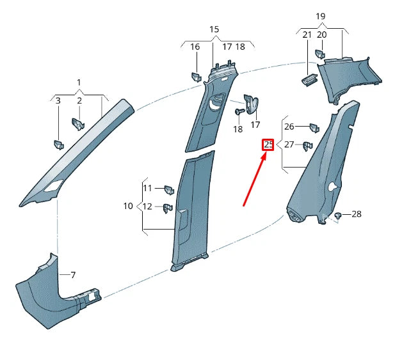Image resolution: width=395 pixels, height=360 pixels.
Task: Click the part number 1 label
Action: pos(79,82)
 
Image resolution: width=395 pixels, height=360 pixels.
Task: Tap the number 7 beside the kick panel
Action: pos(73,275)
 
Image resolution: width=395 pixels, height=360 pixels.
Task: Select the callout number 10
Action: pos(128,206)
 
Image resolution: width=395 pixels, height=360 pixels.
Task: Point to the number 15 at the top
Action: pos(214,29)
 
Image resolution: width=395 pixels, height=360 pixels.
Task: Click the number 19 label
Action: pos(320,16)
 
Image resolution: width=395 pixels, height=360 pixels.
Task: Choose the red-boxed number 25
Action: pos(268,145)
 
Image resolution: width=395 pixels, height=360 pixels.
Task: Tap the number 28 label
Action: pos(357,214)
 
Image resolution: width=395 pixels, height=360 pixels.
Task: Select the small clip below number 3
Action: pos(58,145)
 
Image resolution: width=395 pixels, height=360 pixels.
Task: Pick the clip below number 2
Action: pos(79,123)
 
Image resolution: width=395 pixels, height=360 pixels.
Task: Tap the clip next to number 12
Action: pos(168,207)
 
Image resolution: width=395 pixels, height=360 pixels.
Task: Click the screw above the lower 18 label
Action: pos(238,112)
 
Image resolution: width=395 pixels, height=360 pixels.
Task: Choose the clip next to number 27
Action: pos(307,146)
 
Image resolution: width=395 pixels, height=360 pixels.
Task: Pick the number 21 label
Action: pos(307,35)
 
